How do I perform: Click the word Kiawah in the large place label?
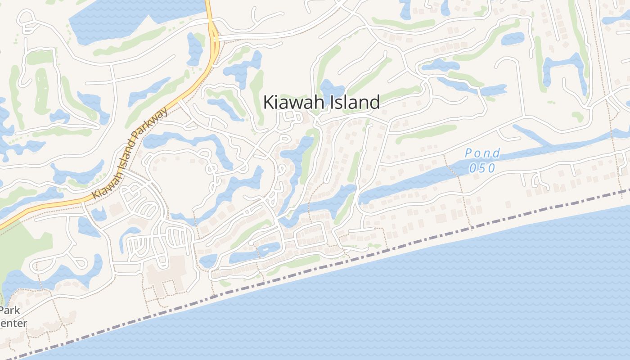click(x=292, y=102)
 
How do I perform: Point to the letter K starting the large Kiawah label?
click(x=268, y=102)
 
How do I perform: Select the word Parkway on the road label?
click(x=155, y=124)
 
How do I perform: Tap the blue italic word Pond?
click(x=482, y=153)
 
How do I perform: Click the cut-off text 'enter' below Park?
click(x=13, y=323)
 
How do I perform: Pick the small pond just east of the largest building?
click(x=208, y=261)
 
